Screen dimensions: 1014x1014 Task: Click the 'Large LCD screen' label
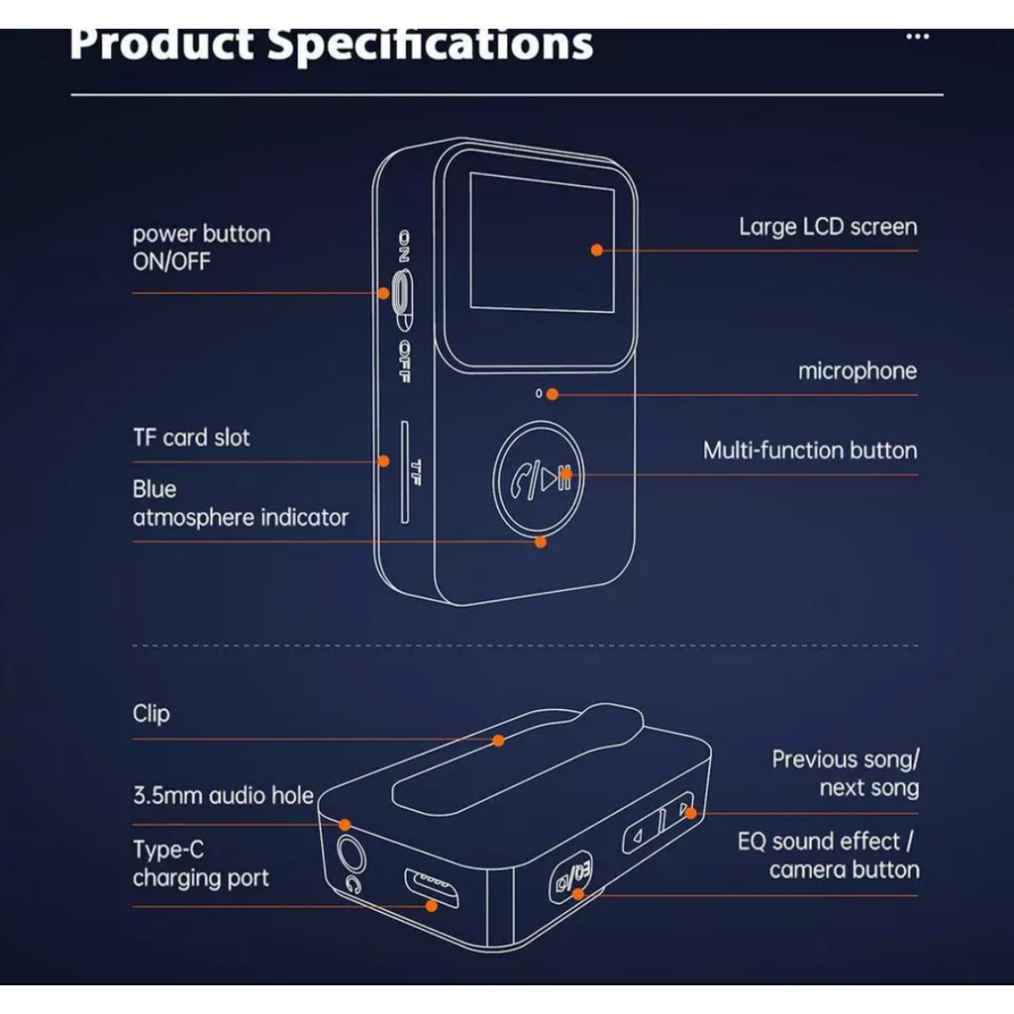click(828, 227)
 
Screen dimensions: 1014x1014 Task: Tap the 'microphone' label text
click(858, 371)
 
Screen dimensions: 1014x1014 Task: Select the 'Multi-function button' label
click(810, 451)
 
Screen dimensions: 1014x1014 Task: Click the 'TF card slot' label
click(191, 438)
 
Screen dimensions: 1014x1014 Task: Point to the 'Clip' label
click(151, 714)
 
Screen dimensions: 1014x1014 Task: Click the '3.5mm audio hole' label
click(223, 795)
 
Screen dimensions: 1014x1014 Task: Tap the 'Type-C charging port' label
click(200, 864)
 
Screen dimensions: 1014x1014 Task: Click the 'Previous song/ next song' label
click(845, 774)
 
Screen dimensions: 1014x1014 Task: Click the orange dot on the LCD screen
click(597, 251)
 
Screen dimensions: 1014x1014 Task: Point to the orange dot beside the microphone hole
click(553, 394)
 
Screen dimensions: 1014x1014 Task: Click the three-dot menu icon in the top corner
click(918, 38)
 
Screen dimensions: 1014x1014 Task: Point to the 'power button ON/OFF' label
click(200, 248)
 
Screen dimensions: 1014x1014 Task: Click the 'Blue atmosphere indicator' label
click(240, 503)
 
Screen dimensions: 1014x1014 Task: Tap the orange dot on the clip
click(499, 740)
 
